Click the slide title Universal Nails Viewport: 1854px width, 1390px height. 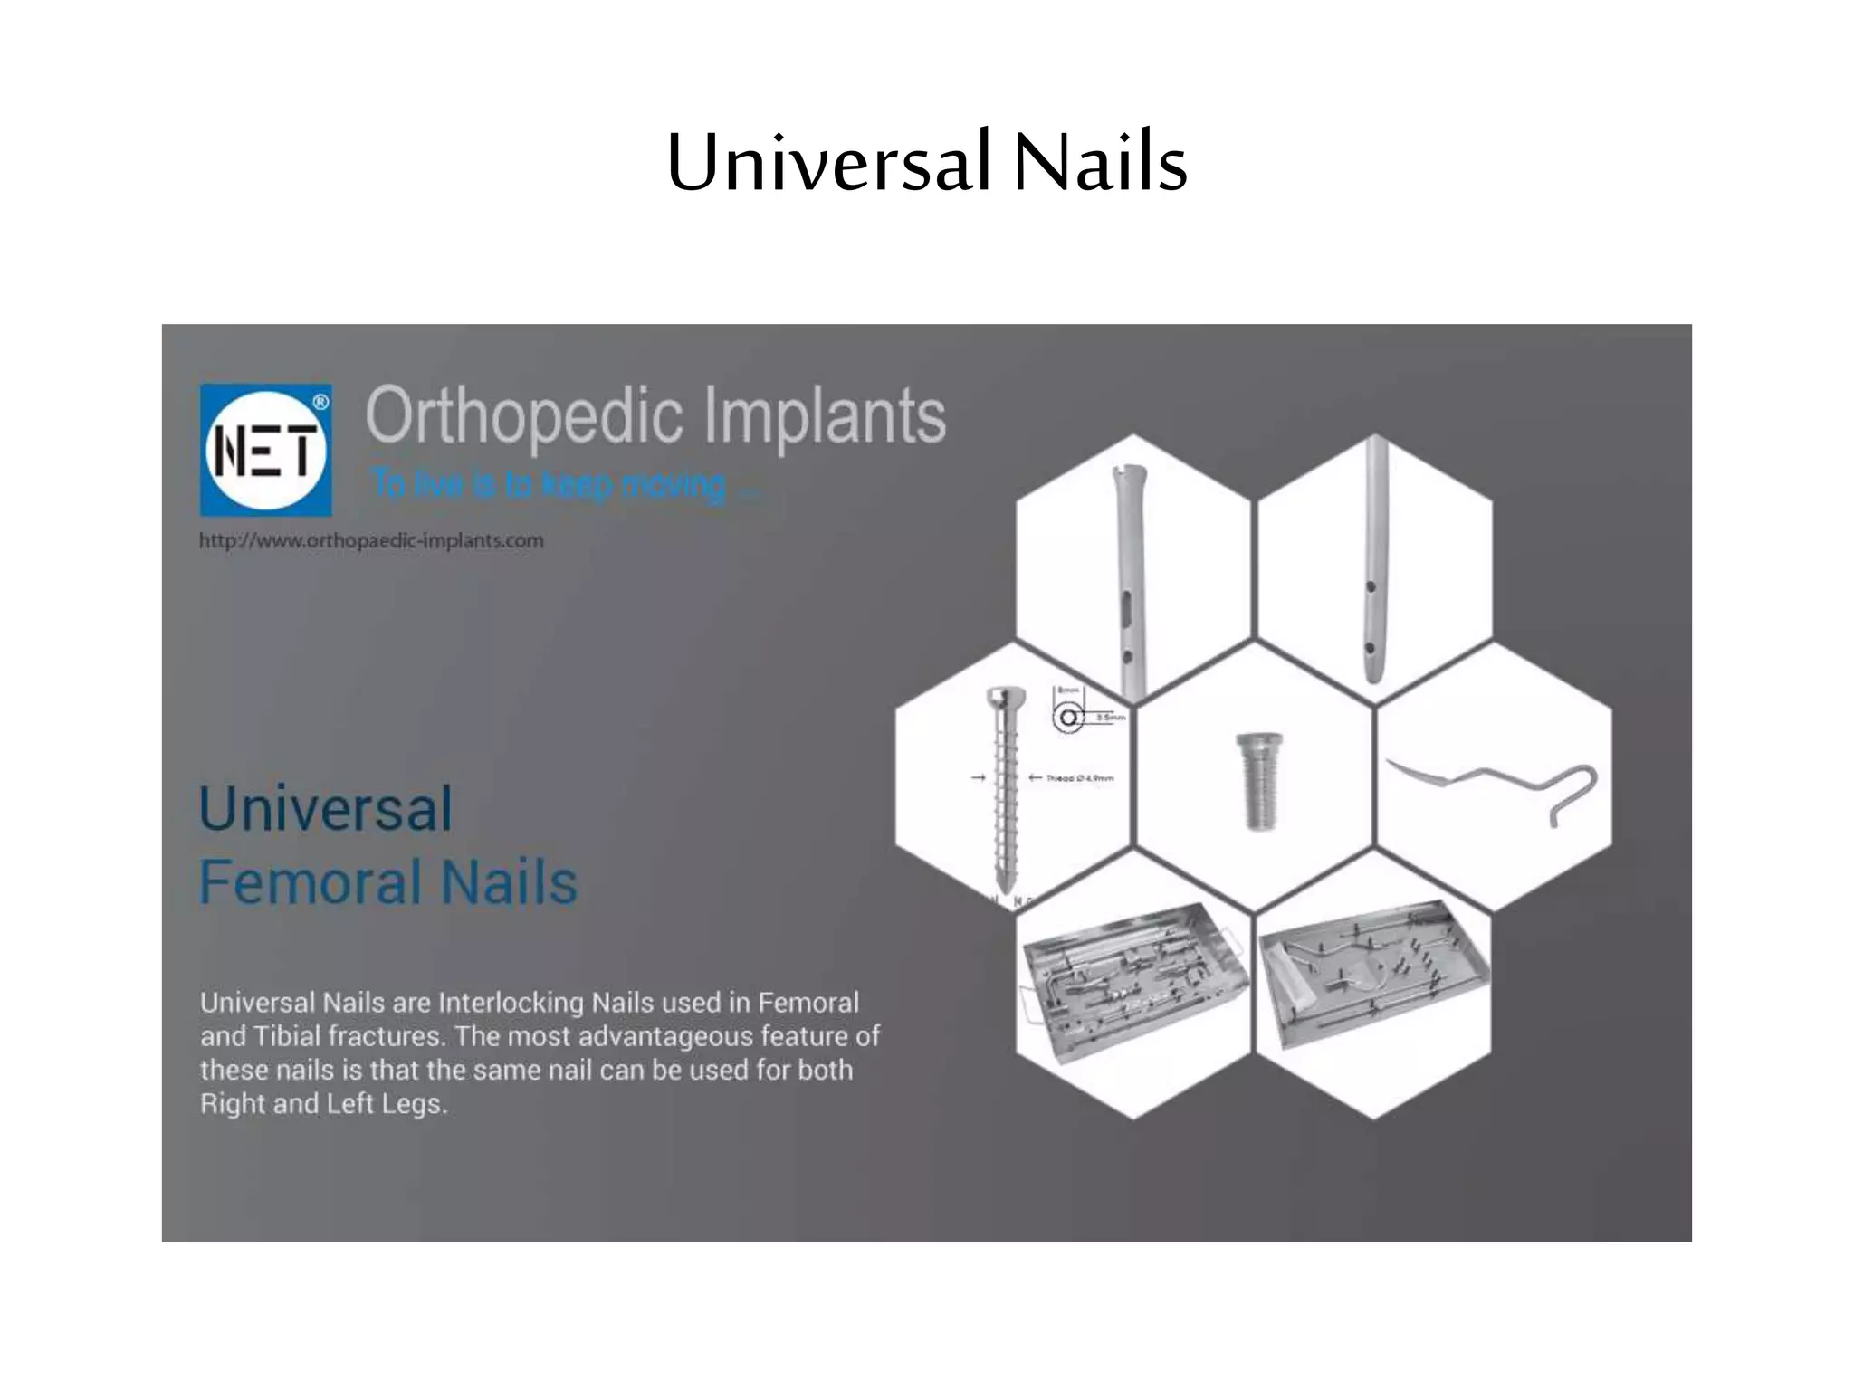pyautogui.click(x=926, y=163)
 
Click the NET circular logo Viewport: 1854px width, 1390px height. pyautogui.click(x=265, y=450)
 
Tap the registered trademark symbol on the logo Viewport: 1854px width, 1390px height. pyautogui.click(x=320, y=402)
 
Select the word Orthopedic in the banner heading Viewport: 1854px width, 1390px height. pyautogui.click(x=523, y=416)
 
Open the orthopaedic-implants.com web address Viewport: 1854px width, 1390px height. pyautogui.click(x=371, y=541)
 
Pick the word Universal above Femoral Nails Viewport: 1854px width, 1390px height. pyautogui.click(x=325, y=808)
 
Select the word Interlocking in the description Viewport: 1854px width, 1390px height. pyautogui.click(x=511, y=1003)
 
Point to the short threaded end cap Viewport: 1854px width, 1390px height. pyautogui.click(x=1258, y=780)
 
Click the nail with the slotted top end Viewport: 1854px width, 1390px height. pyautogui.click(x=1130, y=579)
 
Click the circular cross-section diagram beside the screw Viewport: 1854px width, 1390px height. pyautogui.click(x=1068, y=718)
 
